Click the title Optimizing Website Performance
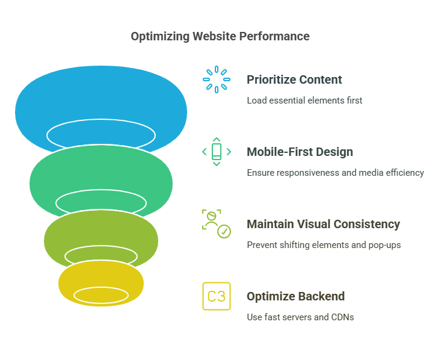click(x=220, y=37)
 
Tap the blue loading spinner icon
click(x=217, y=79)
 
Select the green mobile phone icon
click(x=217, y=152)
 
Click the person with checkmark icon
click(x=217, y=224)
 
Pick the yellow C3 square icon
click(x=217, y=296)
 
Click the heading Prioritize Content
click(x=294, y=79)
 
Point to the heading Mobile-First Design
click(x=300, y=152)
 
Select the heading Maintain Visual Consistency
click(x=324, y=225)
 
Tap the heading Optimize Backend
click(x=295, y=296)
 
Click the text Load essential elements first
click(x=304, y=101)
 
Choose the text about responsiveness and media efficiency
click(x=336, y=173)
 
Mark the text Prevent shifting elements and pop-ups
click(x=324, y=245)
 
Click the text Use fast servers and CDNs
click(x=300, y=317)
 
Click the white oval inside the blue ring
click(x=101, y=120)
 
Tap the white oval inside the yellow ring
click(x=101, y=288)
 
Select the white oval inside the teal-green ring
click(x=101, y=190)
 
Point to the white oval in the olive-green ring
click(x=101, y=246)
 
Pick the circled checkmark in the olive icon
click(x=224, y=232)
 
